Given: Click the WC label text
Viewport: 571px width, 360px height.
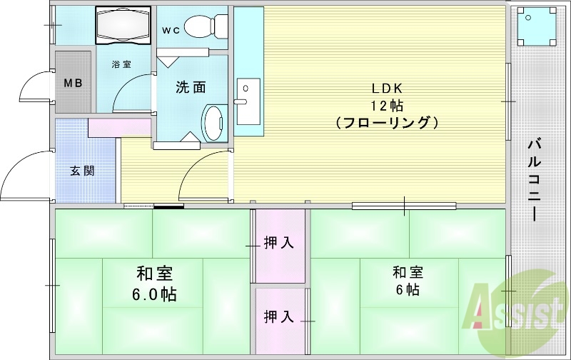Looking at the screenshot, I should (x=171, y=30).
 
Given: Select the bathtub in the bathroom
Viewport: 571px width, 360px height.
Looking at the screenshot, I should (x=123, y=26).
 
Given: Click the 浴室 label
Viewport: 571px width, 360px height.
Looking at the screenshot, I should (x=121, y=64).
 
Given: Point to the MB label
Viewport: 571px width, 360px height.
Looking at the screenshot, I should (x=74, y=83).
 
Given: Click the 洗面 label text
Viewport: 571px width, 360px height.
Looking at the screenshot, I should (x=191, y=88).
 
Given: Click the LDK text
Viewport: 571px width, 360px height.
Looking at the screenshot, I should (x=387, y=89).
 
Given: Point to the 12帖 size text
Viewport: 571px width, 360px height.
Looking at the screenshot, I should (x=387, y=106).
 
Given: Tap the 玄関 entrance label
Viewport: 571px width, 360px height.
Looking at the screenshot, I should (x=83, y=171).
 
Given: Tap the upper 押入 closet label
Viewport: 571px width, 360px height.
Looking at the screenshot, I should (x=279, y=243).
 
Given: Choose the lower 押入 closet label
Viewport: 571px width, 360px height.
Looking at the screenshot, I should (x=279, y=316).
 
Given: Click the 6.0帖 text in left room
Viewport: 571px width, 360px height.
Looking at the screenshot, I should (x=154, y=294).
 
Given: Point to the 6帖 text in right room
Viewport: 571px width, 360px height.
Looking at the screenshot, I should (x=407, y=290).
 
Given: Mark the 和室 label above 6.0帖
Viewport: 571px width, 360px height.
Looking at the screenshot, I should (x=154, y=274).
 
